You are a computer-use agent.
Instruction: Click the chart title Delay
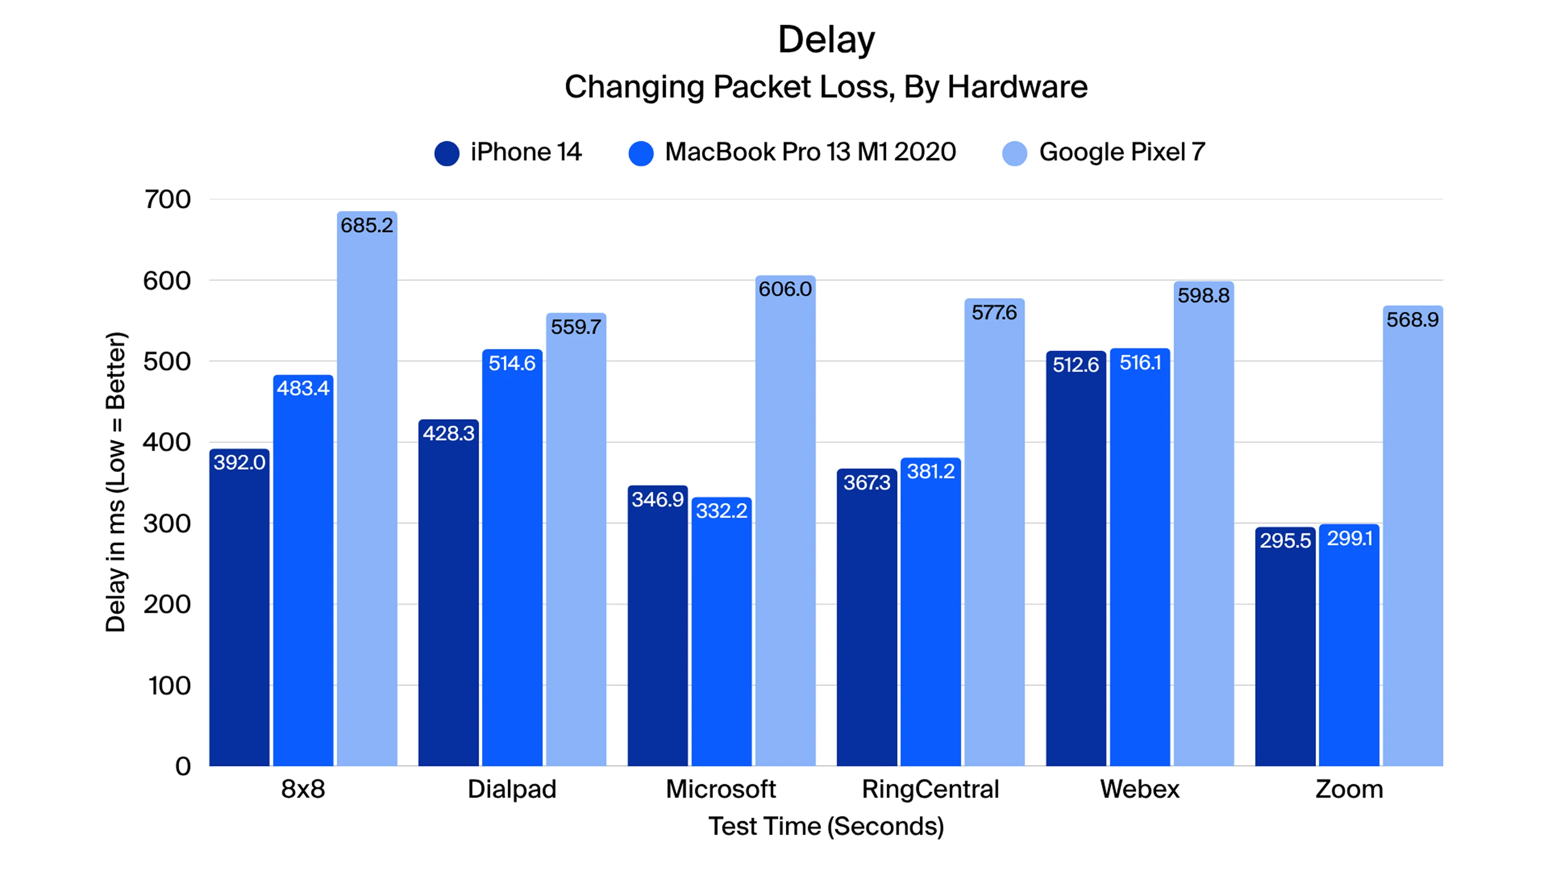pos(826,40)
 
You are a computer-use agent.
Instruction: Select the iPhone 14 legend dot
pos(447,153)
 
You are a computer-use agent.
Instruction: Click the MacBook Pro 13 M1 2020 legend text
pos(810,152)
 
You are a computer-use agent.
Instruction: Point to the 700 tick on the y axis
pos(167,200)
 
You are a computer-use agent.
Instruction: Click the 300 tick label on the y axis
pos(167,524)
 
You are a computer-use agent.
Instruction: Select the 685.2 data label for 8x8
pos(367,226)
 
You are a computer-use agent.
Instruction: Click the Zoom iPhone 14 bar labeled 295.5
pos(1285,649)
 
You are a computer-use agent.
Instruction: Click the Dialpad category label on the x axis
pos(512,789)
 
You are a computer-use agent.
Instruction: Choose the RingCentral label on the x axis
pos(930,789)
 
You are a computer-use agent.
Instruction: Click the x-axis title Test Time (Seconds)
pos(826,827)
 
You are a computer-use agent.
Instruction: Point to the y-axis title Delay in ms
pos(115,481)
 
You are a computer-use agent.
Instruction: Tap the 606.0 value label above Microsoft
pos(785,289)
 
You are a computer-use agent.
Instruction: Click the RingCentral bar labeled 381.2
pos(930,619)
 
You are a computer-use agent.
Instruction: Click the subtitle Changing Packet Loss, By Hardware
pos(826,87)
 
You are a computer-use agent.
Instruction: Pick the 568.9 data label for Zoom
pos(1412,320)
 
